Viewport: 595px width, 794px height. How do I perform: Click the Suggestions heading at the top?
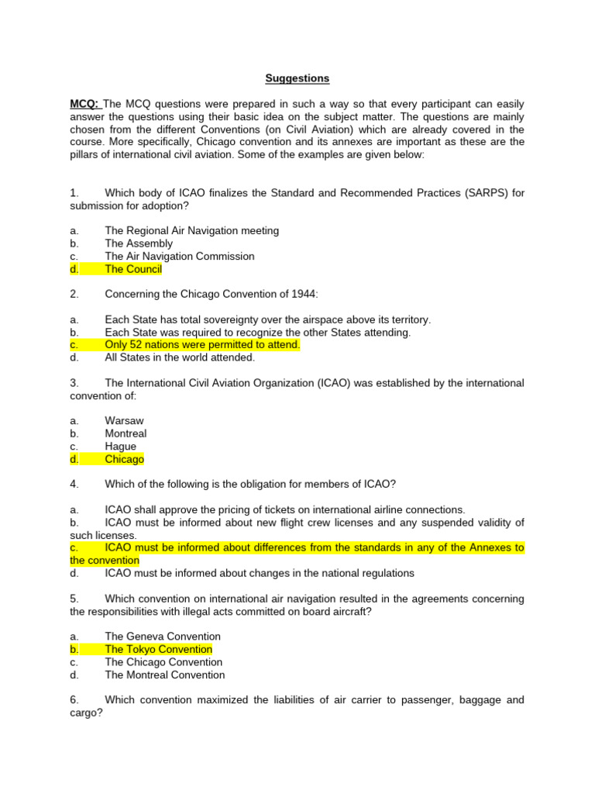297,78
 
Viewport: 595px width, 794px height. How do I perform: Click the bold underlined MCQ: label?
85,104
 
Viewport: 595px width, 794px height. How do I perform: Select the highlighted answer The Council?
133,269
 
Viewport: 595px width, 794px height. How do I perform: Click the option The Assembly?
139,243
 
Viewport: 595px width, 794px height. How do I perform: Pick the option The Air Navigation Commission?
179,256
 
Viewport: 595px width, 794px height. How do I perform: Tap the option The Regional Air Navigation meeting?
191,230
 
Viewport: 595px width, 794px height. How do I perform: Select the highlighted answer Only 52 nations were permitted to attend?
202,345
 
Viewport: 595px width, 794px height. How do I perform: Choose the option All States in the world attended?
180,357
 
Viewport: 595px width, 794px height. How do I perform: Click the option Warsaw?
124,421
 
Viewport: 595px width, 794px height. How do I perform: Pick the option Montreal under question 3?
126,433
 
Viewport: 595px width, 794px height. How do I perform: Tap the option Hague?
120,447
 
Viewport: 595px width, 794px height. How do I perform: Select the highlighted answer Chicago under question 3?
124,459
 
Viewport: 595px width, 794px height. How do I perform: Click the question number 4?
74,485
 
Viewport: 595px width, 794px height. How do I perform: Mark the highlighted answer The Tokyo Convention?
158,649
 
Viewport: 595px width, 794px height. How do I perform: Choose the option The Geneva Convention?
163,637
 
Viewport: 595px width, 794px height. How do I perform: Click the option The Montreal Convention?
165,675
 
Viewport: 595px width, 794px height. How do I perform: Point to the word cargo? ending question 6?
86,713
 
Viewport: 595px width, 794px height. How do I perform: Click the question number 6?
74,700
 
